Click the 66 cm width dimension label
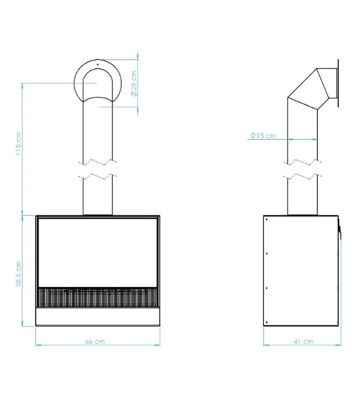tap(95, 342)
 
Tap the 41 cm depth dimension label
tap(304, 342)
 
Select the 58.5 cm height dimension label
tap(18, 274)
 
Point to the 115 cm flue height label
tap(18, 144)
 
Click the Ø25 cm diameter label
tap(134, 83)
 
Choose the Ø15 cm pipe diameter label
tap(263, 136)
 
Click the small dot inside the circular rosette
tap(97, 64)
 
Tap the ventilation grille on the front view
tap(97, 297)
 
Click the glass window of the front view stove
tap(97, 252)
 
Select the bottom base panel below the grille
tap(97, 316)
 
